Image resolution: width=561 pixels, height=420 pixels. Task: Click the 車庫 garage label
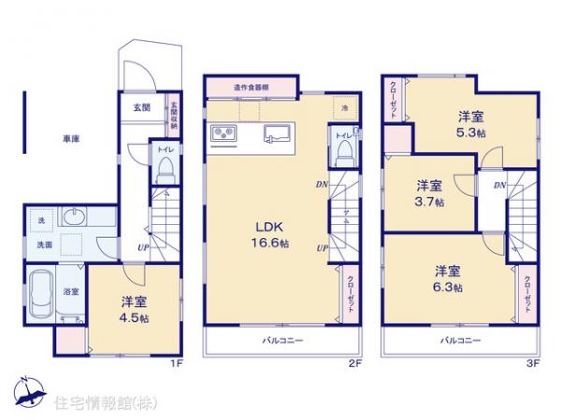[x=71, y=139]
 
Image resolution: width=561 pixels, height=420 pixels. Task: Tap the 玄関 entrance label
[x=140, y=107]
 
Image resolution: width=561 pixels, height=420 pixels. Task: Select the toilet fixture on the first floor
[x=165, y=168]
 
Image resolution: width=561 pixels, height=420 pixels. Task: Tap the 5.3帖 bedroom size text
[x=471, y=125]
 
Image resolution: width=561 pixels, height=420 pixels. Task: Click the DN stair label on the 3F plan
[x=500, y=186]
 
